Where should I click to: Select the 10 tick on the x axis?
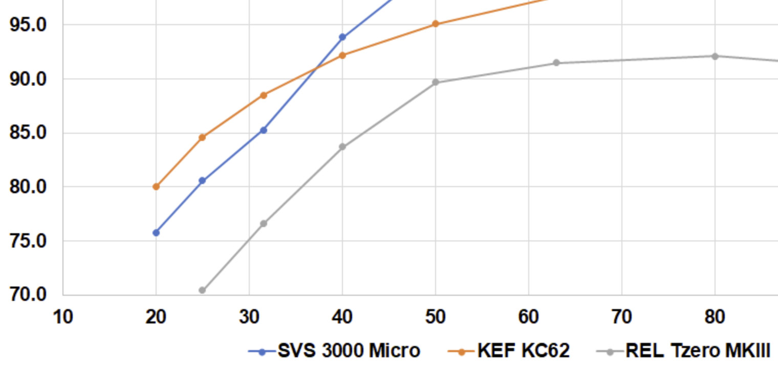(63, 317)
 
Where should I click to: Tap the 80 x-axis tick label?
(715, 317)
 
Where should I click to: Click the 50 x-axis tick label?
(435, 317)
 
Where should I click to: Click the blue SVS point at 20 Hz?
(156, 233)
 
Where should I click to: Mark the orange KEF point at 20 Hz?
(156, 187)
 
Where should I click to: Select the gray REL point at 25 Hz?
(202, 290)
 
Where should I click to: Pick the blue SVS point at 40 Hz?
(342, 37)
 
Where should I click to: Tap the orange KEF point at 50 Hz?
(436, 24)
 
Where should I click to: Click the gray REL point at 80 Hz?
(715, 56)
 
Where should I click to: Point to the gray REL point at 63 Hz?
(556, 63)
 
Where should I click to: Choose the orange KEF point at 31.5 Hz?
(264, 95)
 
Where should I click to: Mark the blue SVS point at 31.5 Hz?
(264, 130)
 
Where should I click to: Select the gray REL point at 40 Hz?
(342, 147)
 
